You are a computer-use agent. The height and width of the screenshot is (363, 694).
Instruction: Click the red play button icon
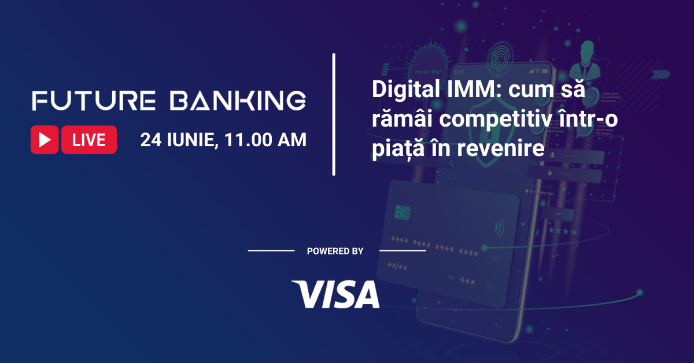click(45, 140)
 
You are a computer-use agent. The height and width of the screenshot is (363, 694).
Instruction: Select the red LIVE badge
click(89, 140)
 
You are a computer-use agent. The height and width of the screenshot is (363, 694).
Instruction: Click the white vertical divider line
click(334, 114)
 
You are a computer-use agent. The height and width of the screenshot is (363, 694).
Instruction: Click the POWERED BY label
click(335, 251)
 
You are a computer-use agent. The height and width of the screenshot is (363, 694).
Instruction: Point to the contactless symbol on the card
click(497, 228)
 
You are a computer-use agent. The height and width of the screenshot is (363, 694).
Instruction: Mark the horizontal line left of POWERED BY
click(271, 251)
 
